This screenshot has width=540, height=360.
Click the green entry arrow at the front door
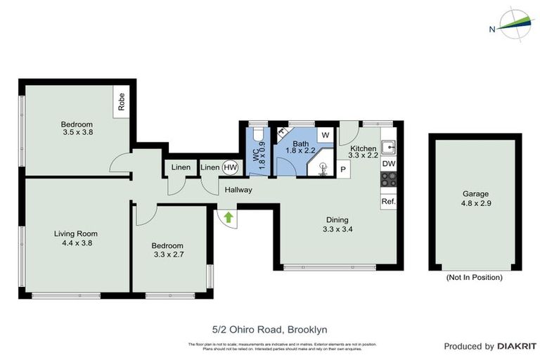click(x=228, y=217)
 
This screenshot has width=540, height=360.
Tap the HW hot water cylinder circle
click(x=230, y=167)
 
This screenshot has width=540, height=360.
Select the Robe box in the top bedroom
click(x=122, y=103)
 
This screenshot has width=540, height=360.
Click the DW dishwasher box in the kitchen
click(x=388, y=164)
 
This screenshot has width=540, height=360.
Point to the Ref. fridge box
click(x=388, y=201)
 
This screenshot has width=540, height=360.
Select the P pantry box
click(x=343, y=169)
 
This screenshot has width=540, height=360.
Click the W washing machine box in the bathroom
click(x=325, y=134)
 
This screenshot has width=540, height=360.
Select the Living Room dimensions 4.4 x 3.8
click(x=77, y=243)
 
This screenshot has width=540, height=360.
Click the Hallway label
click(x=238, y=190)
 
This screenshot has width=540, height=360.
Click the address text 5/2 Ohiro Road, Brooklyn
click(x=269, y=328)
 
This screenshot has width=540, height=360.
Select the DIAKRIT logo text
click(x=517, y=347)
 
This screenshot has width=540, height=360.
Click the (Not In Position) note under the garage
click(x=475, y=278)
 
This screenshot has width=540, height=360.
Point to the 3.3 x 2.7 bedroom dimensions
click(x=168, y=255)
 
